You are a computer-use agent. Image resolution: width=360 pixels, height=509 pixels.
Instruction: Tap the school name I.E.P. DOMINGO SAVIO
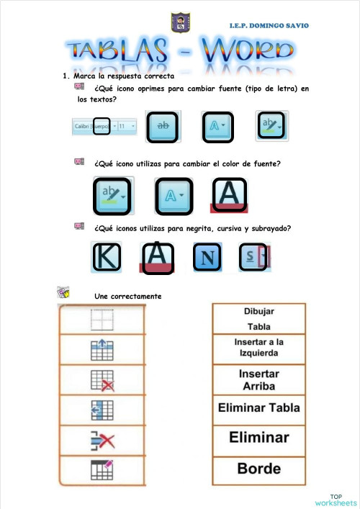[x=269, y=25]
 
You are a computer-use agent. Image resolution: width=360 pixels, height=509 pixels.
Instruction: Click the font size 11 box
[x=126, y=126]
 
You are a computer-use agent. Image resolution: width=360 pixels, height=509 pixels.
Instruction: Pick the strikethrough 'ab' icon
[x=163, y=125]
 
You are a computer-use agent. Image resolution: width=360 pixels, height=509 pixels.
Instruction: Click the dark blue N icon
[x=207, y=258]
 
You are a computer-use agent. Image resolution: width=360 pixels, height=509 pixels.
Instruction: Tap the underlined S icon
[x=254, y=258]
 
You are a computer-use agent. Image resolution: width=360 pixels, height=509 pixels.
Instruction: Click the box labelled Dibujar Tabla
[x=258, y=318]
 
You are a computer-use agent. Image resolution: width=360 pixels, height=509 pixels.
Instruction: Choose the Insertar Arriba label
[x=259, y=379]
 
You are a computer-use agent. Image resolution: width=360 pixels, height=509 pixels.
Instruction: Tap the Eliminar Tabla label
[x=259, y=408]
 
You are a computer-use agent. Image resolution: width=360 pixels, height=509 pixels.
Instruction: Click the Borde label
[x=259, y=469]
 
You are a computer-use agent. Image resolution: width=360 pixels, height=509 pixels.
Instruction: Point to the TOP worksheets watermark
[x=336, y=500]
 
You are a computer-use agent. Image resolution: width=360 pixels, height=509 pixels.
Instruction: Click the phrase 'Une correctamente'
[x=127, y=297]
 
